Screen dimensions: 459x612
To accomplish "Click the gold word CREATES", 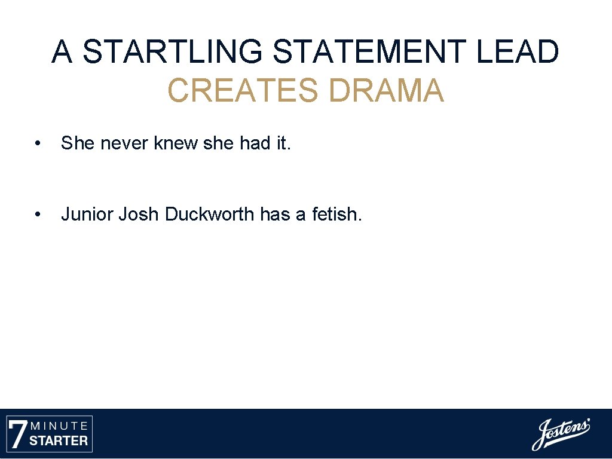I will point(243,91).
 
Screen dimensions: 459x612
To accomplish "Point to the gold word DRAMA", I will point(386,91).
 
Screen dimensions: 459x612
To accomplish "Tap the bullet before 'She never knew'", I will point(38,143).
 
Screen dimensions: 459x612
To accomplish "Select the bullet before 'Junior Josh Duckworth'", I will point(38,214).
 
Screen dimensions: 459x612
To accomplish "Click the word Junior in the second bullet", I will point(87,214).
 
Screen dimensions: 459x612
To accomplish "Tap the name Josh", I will point(139,214).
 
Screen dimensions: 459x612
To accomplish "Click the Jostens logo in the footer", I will point(561,434).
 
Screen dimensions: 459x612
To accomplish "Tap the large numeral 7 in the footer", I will point(19,434).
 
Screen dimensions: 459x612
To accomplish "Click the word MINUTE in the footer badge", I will point(59,426).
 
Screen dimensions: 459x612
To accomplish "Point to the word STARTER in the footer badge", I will point(59,442).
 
